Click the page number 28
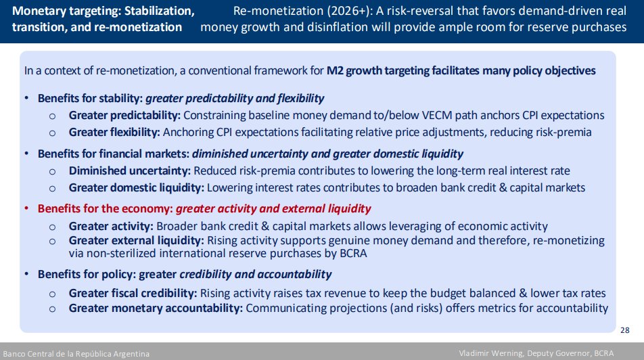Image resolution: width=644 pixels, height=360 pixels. click(624, 330)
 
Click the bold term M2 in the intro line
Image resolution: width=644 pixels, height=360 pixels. click(335, 70)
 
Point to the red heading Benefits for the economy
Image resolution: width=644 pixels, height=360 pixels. click(105, 209)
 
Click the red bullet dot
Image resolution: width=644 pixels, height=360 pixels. click(26, 208)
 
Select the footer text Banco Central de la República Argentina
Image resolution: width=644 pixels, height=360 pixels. click(76, 354)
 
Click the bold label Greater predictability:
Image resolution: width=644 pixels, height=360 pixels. click(124, 116)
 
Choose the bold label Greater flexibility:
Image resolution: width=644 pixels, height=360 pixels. click(114, 133)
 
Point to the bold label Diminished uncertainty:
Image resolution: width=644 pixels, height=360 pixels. click(130, 171)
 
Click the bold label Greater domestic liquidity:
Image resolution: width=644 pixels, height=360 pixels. click(137, 188)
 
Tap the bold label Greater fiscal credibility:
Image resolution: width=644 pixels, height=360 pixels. click(133, 294)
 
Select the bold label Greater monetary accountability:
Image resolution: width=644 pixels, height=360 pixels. click(156, 308)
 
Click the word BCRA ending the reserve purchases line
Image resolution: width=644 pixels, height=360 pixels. click(353, 253)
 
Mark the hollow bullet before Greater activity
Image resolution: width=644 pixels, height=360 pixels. click(52, 227)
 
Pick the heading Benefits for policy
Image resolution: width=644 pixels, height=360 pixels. click(87, 275)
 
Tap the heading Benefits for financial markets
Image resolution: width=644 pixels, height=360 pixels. click(114, 154)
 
